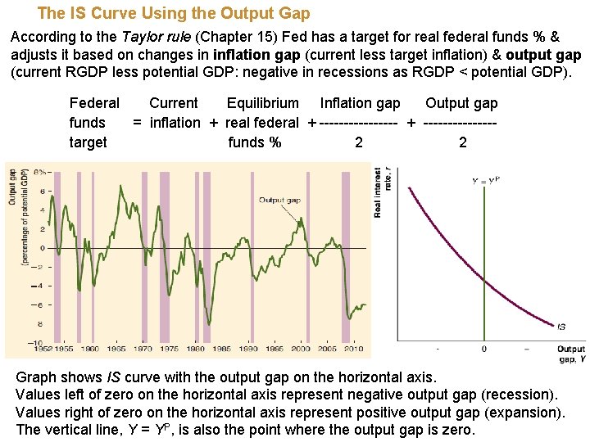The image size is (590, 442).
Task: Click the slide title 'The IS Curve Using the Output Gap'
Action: pyautogui.click(x=174, y=14)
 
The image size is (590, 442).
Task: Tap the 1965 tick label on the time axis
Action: pyautogui.click(x=116, y=349)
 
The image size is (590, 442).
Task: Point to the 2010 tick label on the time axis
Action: pyautogui.click(x=352, y=349)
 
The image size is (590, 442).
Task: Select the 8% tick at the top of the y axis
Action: pyautogui.click(x=38, y=173)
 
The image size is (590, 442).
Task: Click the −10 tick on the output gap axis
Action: pyautogui.click(x=35, y=342)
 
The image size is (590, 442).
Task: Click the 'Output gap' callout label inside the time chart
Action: pyautogui.click(x=279, y=200)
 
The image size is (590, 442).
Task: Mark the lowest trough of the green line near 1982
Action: pyautogui.click(x=209, y=323)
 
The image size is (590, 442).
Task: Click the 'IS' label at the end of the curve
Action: pyautogui.click(x=560, y=327)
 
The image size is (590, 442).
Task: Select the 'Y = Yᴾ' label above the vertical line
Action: pyautogui.click(x=485, y=181)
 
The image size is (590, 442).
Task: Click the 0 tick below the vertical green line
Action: pyautogui.click(x=483, y=349)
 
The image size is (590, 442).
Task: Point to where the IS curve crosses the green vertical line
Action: pyautogui.click(x=484, y=282)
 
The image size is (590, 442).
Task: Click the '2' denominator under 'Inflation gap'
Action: pyautogui.click(x=358, y=142)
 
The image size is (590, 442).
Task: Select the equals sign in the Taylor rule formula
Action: pyautogui.click(x=138, y=123)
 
